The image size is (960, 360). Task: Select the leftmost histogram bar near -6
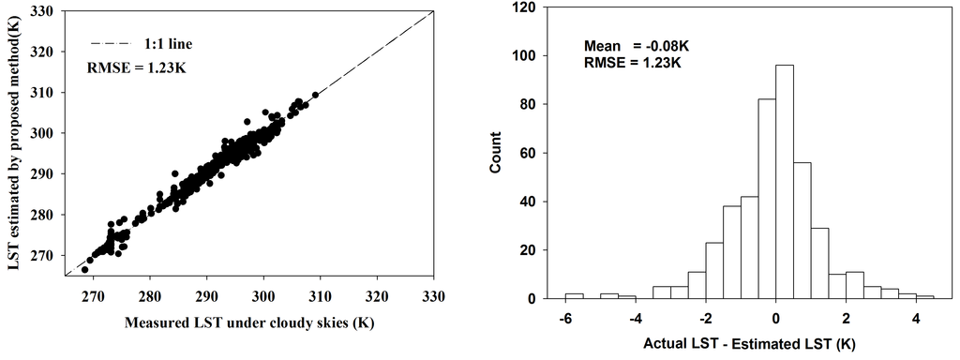pyautogui.click(x=574, y=296)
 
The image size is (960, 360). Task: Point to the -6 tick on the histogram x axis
pyautogui.click(x=565, y=319)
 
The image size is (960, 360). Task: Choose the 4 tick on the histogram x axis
pyautogui.click(x=916, y=319)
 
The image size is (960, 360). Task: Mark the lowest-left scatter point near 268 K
pyautogui.click(x=84, y=269)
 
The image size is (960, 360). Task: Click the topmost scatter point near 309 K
pyautogui.click(x=315, y=95)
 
